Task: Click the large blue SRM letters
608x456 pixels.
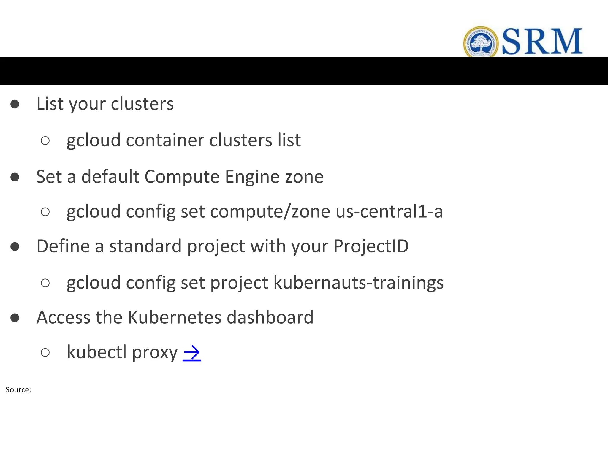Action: [x=542, y=42]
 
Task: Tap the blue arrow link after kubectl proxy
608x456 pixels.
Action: [x=192, y=353]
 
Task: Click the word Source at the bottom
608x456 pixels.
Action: [x=18, y=390]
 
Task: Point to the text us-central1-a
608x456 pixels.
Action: [x=389, y=211]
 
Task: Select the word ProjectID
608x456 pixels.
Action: [x=371, y=246]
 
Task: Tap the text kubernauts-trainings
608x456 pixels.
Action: [x=358, y=283]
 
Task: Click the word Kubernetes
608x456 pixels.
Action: [x=175, y=317]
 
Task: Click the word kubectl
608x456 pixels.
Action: [x=97, y=352]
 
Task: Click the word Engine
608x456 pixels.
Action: [x=252, y=177]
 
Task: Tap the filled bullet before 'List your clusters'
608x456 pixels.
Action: [x=15, y=104]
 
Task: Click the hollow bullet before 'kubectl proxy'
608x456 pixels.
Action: [x=45, y=353]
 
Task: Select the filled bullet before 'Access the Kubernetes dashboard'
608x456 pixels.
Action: [x=15, y=318]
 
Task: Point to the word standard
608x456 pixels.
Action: [x=145, y=246]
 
